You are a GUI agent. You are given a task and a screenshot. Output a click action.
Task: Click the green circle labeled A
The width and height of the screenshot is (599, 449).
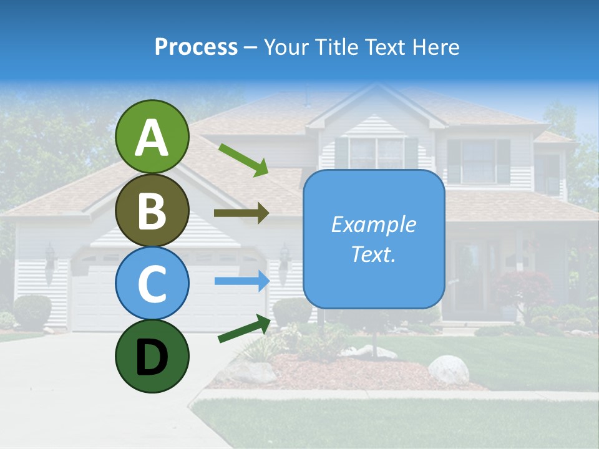[x=152, y=137]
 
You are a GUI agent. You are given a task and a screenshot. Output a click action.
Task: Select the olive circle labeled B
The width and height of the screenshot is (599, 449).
[x=152, y=210]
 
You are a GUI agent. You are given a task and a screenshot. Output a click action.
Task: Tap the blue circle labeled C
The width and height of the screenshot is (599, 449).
[x=152, y=283]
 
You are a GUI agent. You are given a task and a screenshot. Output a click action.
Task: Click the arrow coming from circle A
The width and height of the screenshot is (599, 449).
[x=243, y=159]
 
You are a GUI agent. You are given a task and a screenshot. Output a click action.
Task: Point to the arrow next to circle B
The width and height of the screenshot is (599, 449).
[x=241, y=213]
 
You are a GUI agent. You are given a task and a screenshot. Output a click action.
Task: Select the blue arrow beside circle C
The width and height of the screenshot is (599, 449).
[x=241, y=281]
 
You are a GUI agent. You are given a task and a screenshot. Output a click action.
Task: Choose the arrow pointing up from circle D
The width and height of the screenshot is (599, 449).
[x=244, y=329]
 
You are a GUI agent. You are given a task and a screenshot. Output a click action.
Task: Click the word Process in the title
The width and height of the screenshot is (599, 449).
[x=196, y=47]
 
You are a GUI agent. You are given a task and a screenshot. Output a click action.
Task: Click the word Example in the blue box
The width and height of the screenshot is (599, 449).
[x=373, y=224]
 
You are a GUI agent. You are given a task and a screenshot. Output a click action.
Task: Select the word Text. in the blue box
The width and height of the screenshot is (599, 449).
[x=373, y=254]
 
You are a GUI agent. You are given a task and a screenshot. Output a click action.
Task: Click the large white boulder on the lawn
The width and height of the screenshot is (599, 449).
[x=448, y=369]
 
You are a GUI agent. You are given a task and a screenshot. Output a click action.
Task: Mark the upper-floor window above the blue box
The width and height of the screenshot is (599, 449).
[x=376, y=153]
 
